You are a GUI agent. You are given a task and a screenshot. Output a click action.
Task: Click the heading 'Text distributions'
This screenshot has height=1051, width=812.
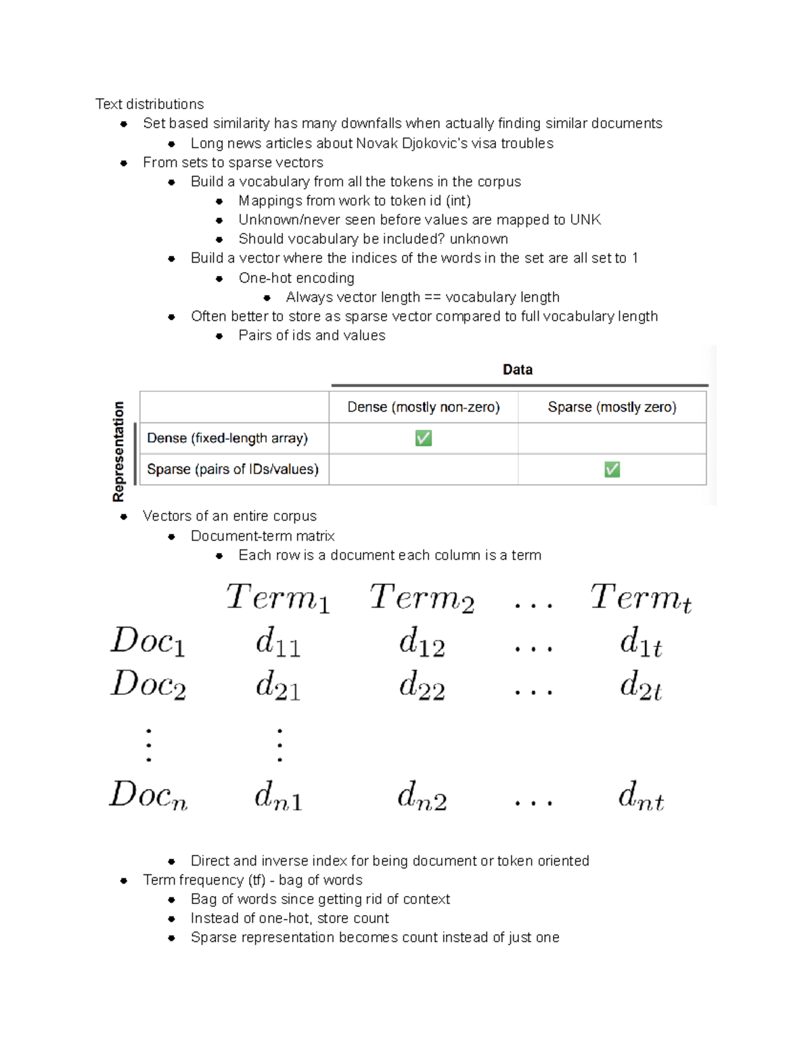(x=150, y=104)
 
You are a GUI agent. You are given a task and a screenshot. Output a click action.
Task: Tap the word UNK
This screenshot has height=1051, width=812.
(x=585, y=220)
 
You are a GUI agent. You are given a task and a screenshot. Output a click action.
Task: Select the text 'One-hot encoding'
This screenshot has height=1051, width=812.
(x=296, y=278)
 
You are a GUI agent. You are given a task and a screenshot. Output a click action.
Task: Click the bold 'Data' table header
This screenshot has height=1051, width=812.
(x=518, y=370)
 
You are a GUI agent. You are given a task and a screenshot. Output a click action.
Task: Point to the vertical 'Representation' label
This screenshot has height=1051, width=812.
(x=118, y=451)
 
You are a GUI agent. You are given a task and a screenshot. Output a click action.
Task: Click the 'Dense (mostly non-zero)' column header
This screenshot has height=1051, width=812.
(x=424, y=407)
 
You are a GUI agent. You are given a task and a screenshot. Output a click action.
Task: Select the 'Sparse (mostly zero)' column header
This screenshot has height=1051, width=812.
(x=612, y=407)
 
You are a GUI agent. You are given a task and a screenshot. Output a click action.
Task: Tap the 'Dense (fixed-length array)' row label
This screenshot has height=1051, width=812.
(x=227, y=438)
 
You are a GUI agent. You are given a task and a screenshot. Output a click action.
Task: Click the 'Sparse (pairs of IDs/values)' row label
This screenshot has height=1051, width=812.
(x=233, y=469)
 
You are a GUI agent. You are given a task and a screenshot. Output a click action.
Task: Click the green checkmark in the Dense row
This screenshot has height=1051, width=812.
(x=424, y=439)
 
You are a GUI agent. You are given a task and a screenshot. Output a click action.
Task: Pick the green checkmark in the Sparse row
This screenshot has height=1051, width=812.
(x=612, y=469)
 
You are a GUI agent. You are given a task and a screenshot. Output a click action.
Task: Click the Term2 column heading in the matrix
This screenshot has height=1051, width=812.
(x=422, y=598)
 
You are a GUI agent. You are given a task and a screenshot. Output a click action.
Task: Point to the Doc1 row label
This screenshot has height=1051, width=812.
(x=148, y=641)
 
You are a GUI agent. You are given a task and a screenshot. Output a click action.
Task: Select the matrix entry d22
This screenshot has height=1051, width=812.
(x=422, y=685)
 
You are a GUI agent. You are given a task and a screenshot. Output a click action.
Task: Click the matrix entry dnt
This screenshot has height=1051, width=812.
(x=641, y=796)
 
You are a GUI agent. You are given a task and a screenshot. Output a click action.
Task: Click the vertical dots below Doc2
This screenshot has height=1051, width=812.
(x=148, y=745)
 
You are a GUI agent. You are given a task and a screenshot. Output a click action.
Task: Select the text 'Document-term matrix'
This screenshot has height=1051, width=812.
(x=263, y=536)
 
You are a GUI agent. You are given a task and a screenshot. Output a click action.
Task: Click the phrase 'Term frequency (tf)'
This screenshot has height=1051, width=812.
(x=204, y=880)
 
